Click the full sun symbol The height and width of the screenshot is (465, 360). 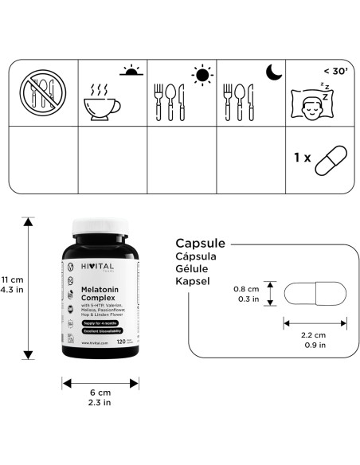[x=202, y=75]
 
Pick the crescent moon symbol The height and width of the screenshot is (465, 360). [x=272, y=72]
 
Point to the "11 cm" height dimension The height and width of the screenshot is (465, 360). [x=12, y=279]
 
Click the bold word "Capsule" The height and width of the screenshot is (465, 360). [x=200, y=244]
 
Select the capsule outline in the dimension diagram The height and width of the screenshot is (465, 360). [x=315, y=293]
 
